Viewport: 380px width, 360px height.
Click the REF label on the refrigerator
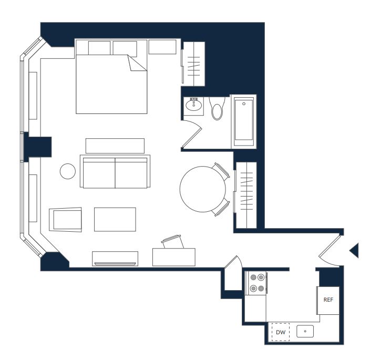tap(328, 300)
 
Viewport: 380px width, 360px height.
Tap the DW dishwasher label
tap(281, 332)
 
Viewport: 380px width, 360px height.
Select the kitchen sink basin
tap(305, 331)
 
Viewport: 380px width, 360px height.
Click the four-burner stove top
tap(256, 283)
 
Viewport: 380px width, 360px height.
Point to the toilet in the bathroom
tap(217, 108)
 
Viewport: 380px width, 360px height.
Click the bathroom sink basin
tap(193, 105)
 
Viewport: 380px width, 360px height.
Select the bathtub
tap(243, 121)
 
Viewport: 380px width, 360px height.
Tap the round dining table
tap(203, 189)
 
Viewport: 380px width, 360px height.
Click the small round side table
tap(68, 171)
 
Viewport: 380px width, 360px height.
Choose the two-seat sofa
tap(115, 171)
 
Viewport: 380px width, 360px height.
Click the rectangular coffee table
tap(115, 220)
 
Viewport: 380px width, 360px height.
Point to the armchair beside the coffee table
tap(65, 220)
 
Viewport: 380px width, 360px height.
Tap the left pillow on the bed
tap(99, 48)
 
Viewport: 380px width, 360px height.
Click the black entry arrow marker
tap(354, 251)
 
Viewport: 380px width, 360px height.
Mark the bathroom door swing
tap(192, 133)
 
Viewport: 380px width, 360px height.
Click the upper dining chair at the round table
tap(221, 171)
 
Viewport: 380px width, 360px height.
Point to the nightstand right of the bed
tap(162, 47)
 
